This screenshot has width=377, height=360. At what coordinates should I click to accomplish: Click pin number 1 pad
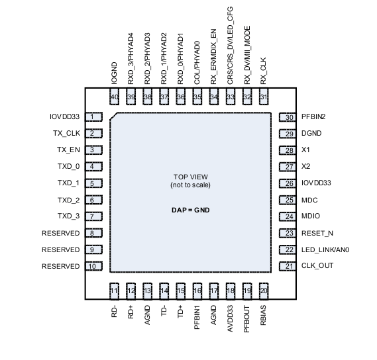coord(95,117)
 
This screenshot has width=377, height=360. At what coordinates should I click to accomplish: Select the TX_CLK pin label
coord(66,134)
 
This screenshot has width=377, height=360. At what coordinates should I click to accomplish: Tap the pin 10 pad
coord(95,266)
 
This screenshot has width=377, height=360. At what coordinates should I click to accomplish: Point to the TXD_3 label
coord(68,216)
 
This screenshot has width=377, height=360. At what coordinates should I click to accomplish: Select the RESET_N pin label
coord(317,233)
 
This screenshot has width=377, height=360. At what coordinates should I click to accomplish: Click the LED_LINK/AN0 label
coord(325,249)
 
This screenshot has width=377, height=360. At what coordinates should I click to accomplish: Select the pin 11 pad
coord(114,290)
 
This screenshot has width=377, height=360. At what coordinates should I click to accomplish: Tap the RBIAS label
coord(264,313)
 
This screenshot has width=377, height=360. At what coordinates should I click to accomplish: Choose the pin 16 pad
coord(197,290)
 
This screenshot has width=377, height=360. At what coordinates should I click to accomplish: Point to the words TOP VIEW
coord(191,177)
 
